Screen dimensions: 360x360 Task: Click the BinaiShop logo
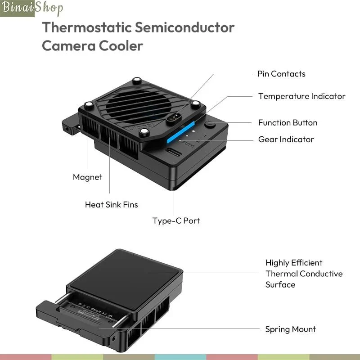[x=31, y=8]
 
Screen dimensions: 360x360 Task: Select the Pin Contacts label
[x=281, y=74]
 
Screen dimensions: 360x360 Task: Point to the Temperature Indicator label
[x=301, y=96]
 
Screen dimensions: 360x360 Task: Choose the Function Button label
[x=288, y=122]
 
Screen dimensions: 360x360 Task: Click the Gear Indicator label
[x=286, y=139]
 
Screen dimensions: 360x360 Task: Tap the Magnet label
[x=87, y=177]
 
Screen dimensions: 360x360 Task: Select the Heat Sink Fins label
[x=111, y=205]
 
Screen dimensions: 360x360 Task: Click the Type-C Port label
[x=176, y=221]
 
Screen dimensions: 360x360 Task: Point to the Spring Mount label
[x=290, y=329]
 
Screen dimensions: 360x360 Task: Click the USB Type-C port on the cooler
[x=174, y=153]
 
